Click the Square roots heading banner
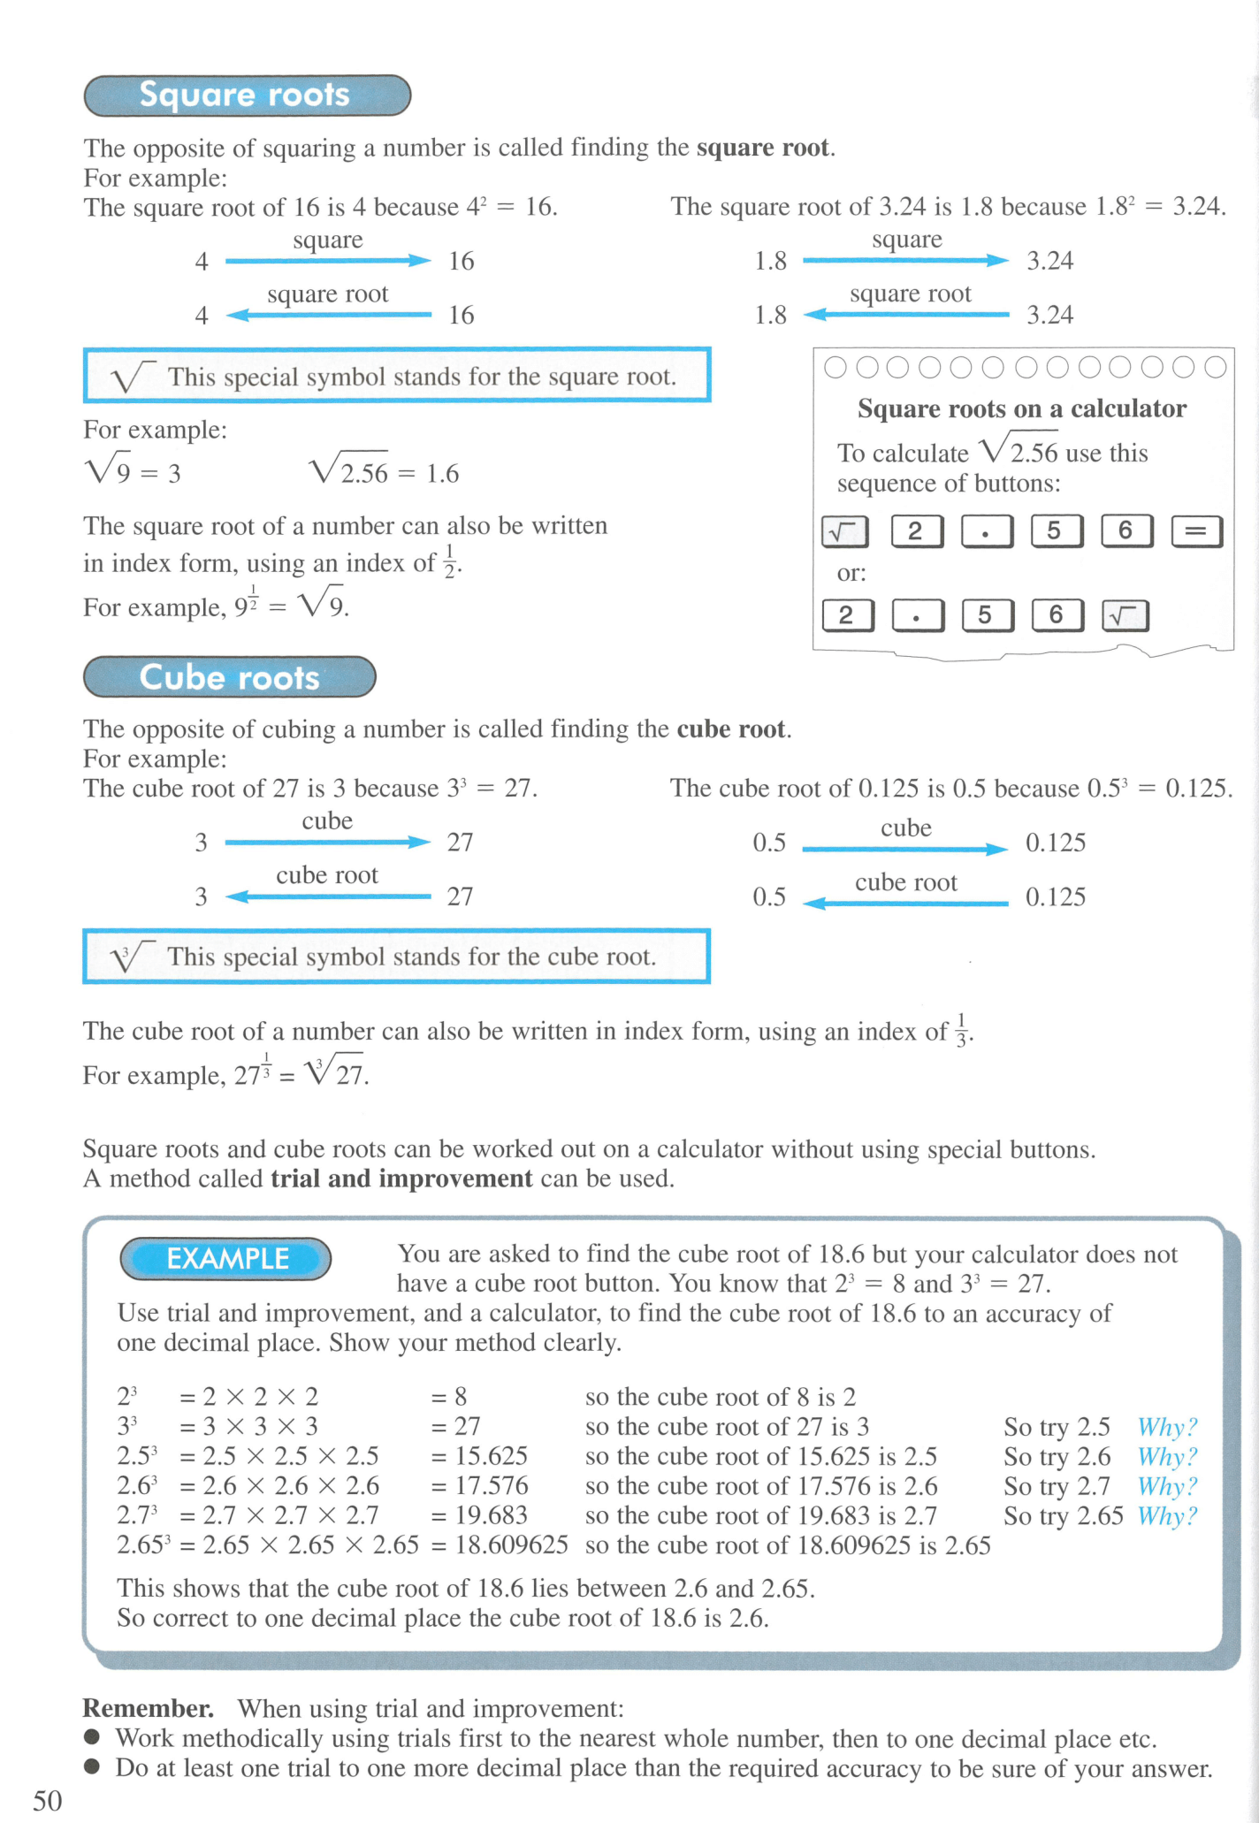(247, 95)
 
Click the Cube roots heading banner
(229, 677)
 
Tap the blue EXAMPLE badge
(226, 1259)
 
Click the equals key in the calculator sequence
(1196, 531)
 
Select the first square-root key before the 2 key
(845, 531)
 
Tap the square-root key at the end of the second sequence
(1125, 615)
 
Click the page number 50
(48, 1800)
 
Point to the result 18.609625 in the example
(511, 1545)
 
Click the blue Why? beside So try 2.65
(1167, 1516)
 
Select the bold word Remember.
(148, 1708)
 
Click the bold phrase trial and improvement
(401, 1178)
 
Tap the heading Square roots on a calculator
(1021, 408)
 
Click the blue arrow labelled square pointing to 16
(327, 261)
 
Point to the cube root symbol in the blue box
(130, 957)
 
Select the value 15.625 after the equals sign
(491, 1456)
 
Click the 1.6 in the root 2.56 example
(442, 474)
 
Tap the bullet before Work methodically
(92, 1737)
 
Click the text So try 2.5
(1057, 1427)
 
